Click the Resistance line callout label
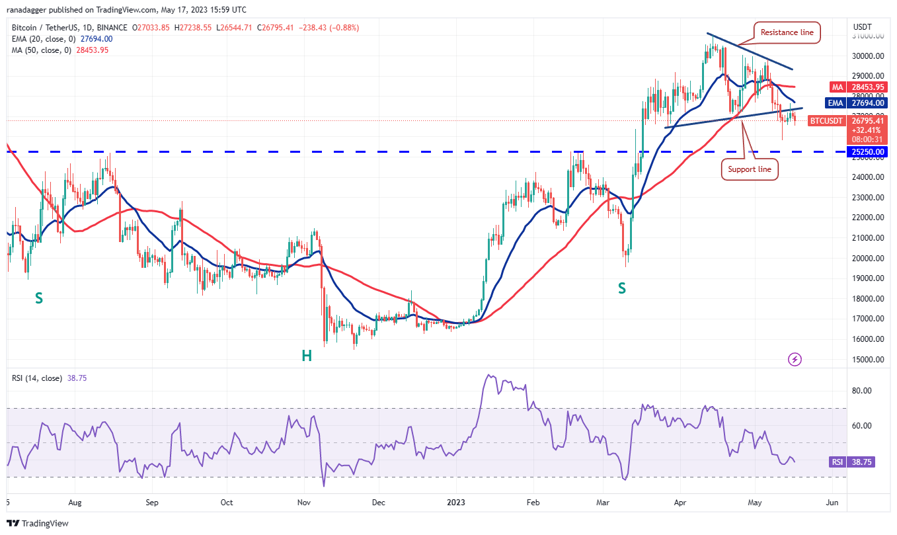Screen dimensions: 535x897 [x=787, y=32]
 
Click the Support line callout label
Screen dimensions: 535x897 [x=750, y=169]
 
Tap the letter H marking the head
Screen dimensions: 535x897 [x=307, y=356]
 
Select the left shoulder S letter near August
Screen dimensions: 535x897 [x=39, y=298]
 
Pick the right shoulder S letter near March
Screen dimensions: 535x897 [x=621, y=288]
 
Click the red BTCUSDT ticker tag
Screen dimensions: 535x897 [x=826, y=121]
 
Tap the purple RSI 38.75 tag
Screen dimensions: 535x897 [x=852, y=462]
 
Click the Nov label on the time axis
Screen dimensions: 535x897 [x=303, y=503]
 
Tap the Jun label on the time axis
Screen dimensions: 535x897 [x=832, y=503]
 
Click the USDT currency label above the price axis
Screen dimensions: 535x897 [x=863, y=27]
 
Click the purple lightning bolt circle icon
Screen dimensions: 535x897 [x=795, y=360]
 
